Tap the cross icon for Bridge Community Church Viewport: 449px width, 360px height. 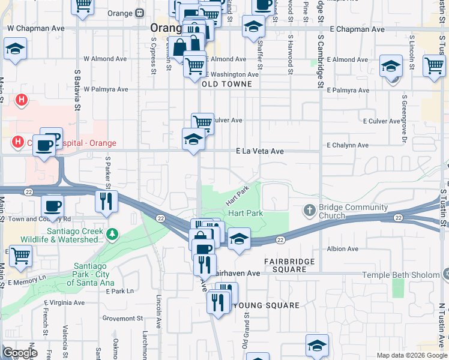coord(309,210)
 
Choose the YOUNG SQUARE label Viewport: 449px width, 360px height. coord(266,305)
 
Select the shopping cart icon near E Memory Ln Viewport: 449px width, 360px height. coord(21,255)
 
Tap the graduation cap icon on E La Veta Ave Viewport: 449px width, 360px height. coord(193,139)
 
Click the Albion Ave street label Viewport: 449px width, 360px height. coord(343,248)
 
